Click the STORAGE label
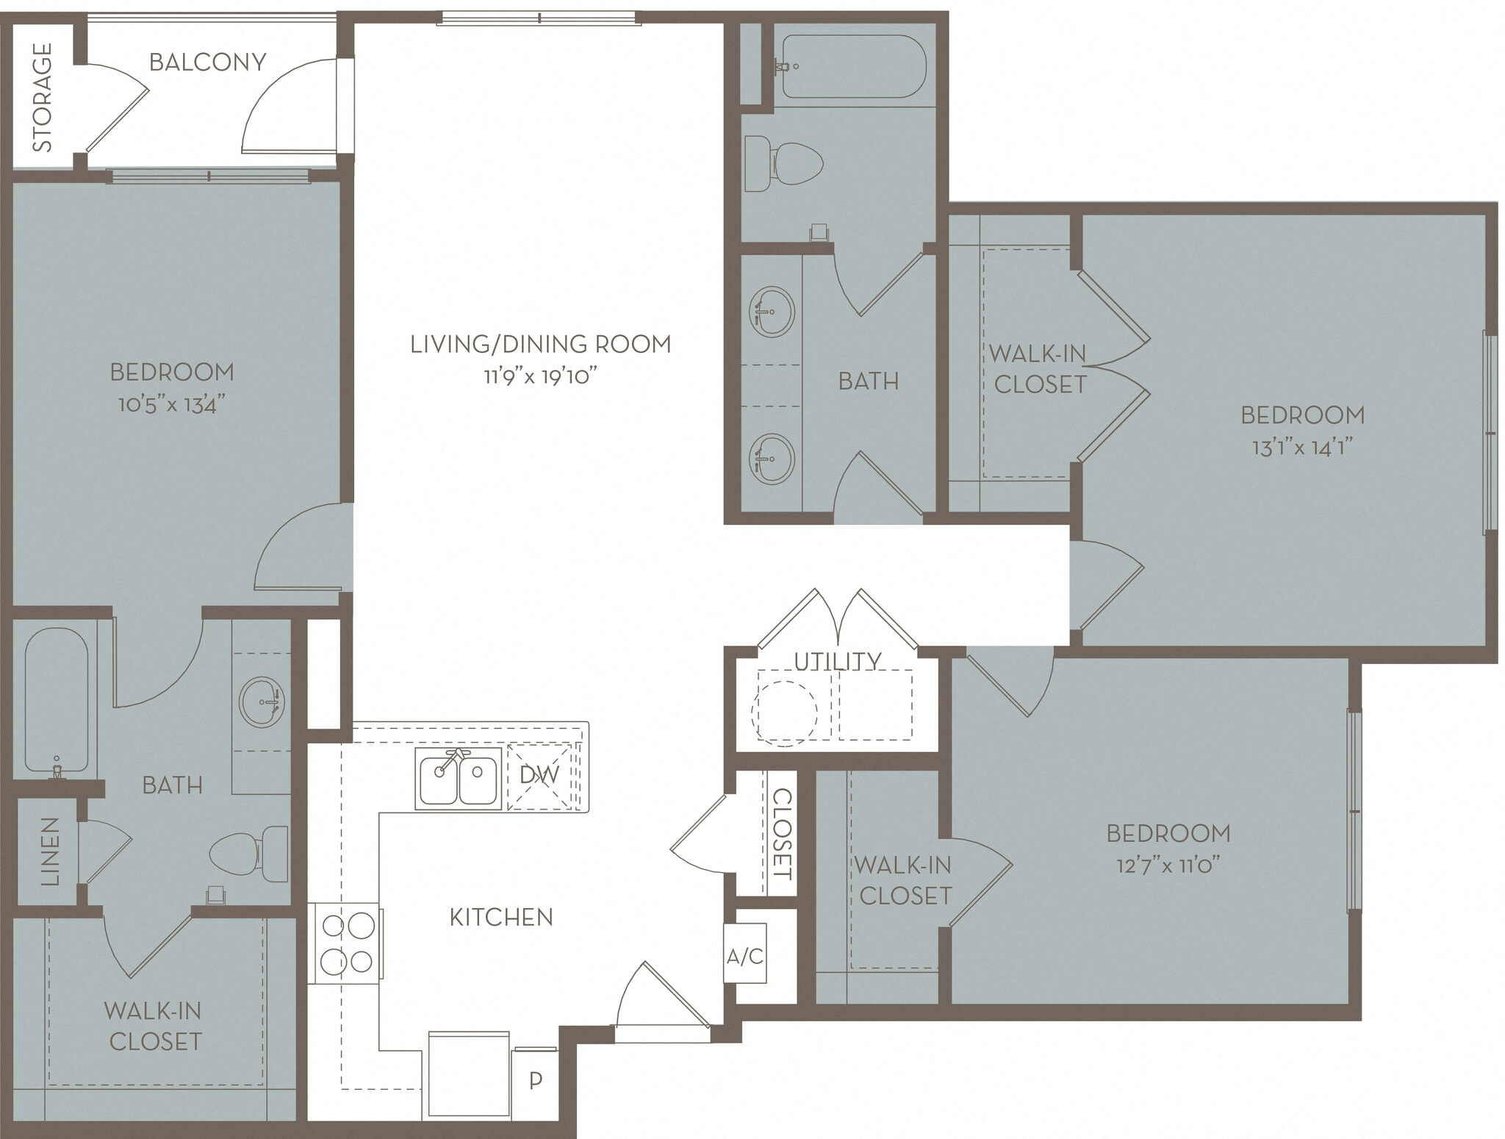tap(43, 97)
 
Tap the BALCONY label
tap(207, 62)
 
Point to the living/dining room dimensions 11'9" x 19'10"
tap(539, 377)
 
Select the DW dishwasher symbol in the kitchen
tap(539, 775)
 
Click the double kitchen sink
tap(459, 779)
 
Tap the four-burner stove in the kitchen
tap(347, 943)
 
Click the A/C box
tap(745, 956)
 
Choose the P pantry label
tap(536, 1080)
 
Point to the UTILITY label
tap(837, 661)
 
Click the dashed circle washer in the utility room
tap(784, 713)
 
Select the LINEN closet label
tap(49, 851)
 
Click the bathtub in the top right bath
tap(852, 66)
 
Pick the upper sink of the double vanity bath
tap(772, 312)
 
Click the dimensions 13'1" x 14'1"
tap(1302, 447)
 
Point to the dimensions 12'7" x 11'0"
tap(1168, 865)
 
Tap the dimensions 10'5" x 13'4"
tap(171, 404)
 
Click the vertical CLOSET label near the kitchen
tap(782, 834)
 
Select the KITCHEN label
tap(501, 917)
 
